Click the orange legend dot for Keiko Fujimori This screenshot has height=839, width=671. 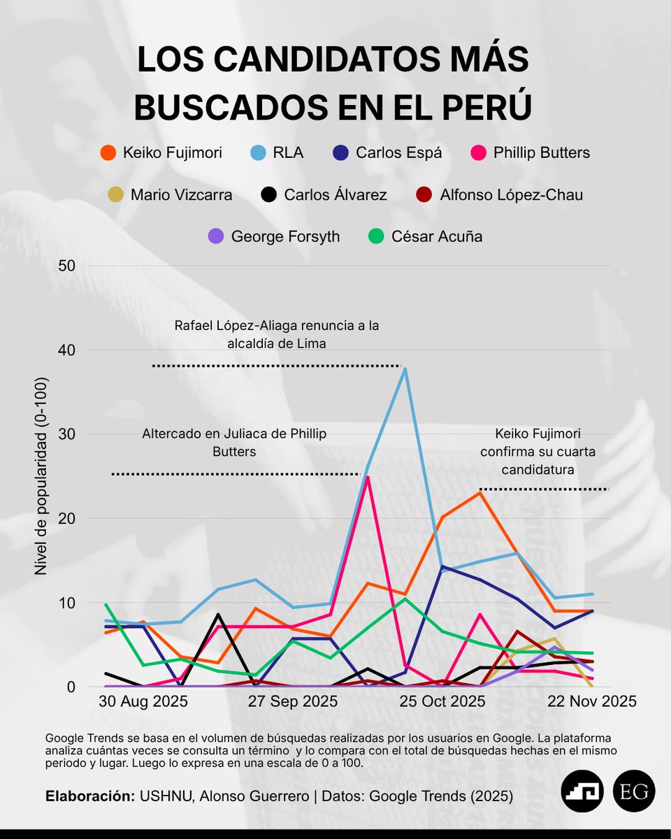point(108,152)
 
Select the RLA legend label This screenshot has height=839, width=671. point(288,152)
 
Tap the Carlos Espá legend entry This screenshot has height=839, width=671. point(398,152)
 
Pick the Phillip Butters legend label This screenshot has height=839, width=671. point(542,152)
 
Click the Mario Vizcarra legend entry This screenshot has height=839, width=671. point(181,194)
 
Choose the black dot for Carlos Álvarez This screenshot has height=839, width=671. point(267,194)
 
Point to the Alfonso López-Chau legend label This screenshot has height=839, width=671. point(512,194)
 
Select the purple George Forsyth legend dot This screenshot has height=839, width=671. point(216,236)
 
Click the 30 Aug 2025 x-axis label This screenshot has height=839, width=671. point(143,701)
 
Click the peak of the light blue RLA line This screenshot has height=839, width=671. point(405,368)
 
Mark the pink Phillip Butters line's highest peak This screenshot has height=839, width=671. point(368,477)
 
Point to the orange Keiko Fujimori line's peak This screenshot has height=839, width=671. point(479,493)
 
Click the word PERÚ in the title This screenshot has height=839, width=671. point(482,106)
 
